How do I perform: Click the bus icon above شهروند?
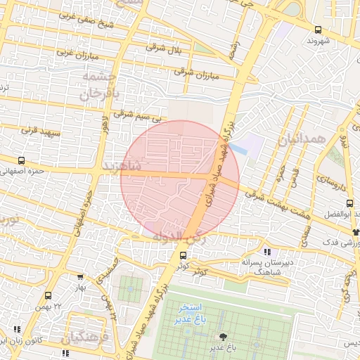click(x=318, y=30)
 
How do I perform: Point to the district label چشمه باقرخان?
click(x=98, y=86)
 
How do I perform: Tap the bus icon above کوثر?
click(x=183, y=255)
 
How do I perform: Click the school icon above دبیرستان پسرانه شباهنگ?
click(x=266, y=252)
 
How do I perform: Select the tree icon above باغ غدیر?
click(x=224, y=337)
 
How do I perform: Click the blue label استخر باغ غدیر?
click(x=190, y=314)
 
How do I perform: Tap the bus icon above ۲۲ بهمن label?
click(x=49, y=295)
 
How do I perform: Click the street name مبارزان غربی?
click(x=75, y=53)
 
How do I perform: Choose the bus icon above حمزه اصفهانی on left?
click(x=21, y=161)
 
